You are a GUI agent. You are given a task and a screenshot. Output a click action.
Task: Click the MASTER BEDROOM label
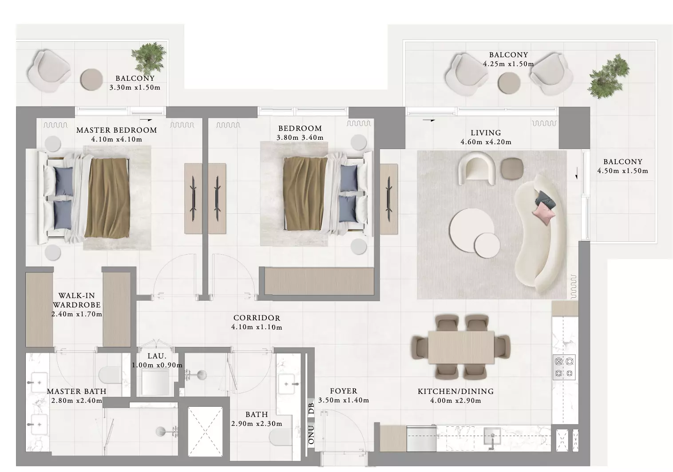coord(117,130)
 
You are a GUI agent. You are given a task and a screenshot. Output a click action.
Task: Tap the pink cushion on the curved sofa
coord(544,213)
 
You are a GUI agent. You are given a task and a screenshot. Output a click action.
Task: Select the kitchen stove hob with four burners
coord(564,367)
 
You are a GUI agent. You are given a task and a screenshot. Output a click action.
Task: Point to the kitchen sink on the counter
coord(492,436)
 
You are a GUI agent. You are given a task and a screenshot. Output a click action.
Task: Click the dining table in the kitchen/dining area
coord(461,347)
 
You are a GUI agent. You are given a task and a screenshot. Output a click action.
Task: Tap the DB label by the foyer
coord(311,409)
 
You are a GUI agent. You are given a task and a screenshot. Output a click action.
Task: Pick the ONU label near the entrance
coord(311,434)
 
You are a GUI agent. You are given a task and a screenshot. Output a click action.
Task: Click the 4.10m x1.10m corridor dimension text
coord(257,327)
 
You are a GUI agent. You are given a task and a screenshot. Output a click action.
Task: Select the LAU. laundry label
coord(157,356)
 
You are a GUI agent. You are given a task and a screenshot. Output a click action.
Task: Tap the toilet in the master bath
coord(110,374)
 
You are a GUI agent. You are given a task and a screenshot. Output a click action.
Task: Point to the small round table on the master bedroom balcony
coord(91,79)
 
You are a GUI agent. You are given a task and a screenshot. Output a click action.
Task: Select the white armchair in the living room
coord(477,168)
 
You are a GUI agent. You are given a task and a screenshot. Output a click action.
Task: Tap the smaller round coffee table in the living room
coord(487,245)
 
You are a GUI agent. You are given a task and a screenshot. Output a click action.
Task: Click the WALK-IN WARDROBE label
coord(77,300)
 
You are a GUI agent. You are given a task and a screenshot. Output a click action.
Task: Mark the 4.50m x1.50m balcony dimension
coord(622,171)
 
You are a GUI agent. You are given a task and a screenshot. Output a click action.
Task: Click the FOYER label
coord(344,391)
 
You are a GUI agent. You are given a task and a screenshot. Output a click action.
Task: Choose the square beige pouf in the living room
coord(512,169)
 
